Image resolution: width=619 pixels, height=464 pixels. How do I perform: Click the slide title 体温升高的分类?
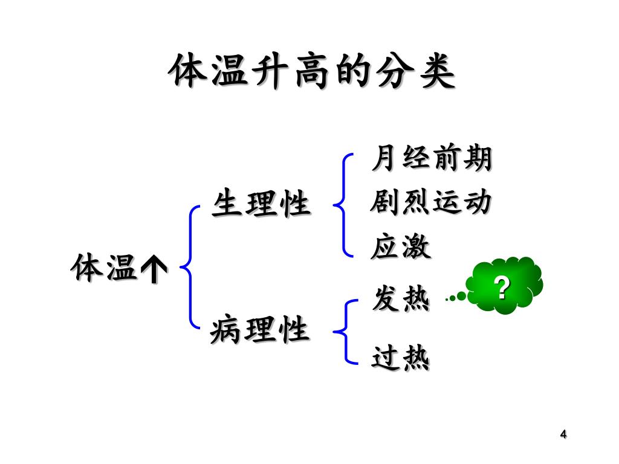coord(311,72)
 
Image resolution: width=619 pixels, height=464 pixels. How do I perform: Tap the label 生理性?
coord(261,204)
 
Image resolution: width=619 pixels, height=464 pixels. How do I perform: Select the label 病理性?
coord(260,330)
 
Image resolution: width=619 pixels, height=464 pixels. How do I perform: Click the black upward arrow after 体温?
coord(154,269)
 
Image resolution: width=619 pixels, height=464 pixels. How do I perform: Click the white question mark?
coord(501,288)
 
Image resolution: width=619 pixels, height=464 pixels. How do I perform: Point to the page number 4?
coord(563,434)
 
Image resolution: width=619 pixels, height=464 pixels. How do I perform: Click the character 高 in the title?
coord(311,72)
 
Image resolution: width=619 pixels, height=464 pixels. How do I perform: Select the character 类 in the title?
coord(436,72)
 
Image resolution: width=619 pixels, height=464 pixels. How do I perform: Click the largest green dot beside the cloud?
coord(462,296)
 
